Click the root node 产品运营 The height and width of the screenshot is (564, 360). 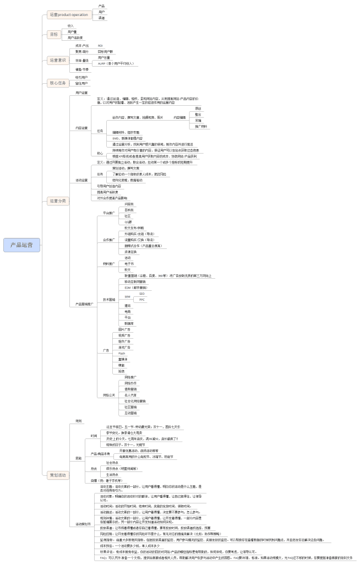[22, 245]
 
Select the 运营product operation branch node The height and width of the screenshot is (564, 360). [68, 14]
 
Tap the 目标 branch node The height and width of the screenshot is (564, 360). [54, 34]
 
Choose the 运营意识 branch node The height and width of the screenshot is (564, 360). [57, 60]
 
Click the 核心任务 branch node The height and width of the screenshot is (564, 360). [57, 83]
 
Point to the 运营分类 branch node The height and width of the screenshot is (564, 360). [57, 200]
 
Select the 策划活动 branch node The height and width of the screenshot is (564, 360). [57, 474]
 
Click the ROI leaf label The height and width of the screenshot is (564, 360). [100, 46]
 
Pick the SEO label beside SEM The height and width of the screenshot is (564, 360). [142, 294]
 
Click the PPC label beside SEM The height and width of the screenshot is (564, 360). [142, 300]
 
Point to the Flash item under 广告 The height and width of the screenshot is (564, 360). [122, 353]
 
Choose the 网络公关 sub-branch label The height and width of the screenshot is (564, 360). [110, 395]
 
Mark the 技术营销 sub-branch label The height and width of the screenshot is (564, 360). [109, 300]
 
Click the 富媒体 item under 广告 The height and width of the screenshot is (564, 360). [123, 359]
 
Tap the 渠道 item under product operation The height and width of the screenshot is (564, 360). [101, 18]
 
